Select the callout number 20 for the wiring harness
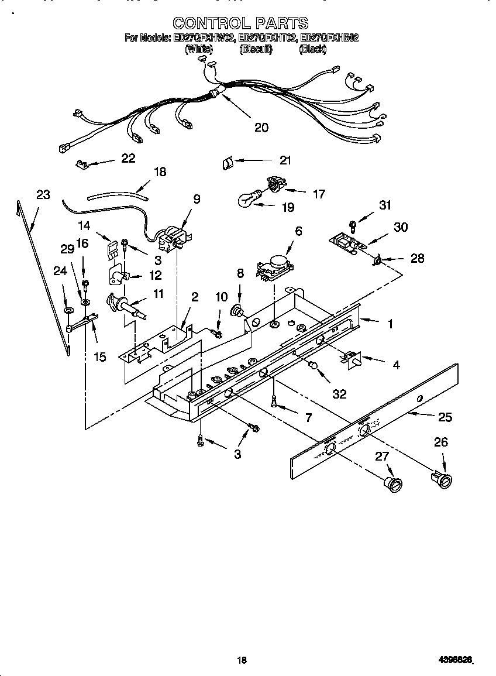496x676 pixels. click(x=261, y=127)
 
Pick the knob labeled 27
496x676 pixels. click(x=394, y=484)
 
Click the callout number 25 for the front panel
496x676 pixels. click(x=445, y=417)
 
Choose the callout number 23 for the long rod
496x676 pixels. click(x=43, y=195)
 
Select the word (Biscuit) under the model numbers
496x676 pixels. click(x=256, y=50)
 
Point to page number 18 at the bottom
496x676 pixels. click(x=242, y=660)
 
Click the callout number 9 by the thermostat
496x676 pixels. click(x=197, y=199)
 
